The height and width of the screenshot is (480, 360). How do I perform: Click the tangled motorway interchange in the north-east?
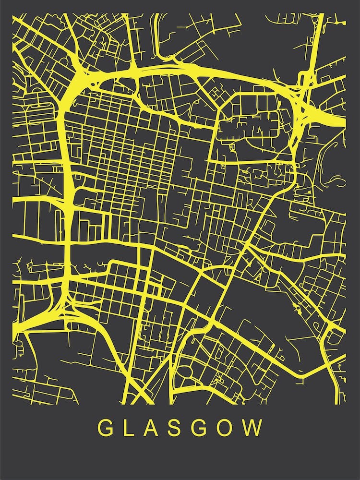pyautogui.click(x=302, y=96)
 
